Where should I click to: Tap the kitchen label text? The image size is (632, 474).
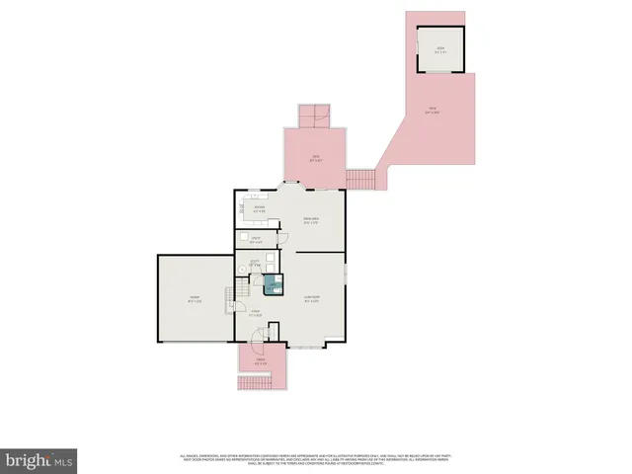[x=260, y=209]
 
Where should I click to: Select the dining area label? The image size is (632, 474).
[x=311, y=220]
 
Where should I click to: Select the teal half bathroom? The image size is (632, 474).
[x=272, y=286]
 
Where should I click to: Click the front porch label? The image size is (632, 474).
[x=261, y=362]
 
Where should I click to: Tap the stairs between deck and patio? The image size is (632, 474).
[x=361, y=179]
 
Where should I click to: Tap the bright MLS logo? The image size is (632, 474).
[x=39, y=459]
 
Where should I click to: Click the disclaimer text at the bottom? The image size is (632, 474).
[x=316, y=458]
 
